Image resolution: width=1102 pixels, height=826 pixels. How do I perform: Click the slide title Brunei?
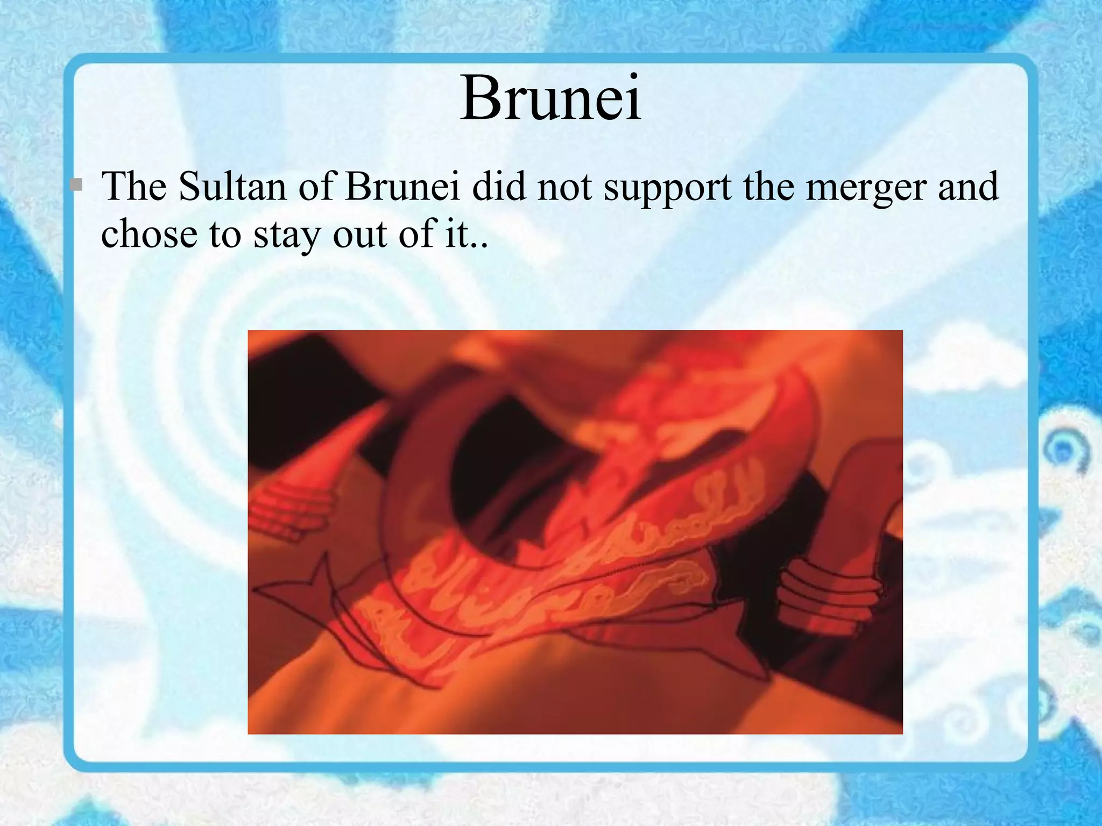click(x=550, y=99)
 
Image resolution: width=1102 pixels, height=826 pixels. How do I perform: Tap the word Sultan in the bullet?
click(x=232, y=187)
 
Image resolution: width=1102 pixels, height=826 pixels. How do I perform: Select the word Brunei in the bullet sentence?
click(x=402, y=187)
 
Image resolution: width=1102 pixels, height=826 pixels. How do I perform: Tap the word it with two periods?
click(x=466, y=234)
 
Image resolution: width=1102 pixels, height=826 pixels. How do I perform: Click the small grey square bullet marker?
click(x=76, y=185)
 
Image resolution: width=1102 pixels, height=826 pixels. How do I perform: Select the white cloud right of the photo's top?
click(x=963, y=366)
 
